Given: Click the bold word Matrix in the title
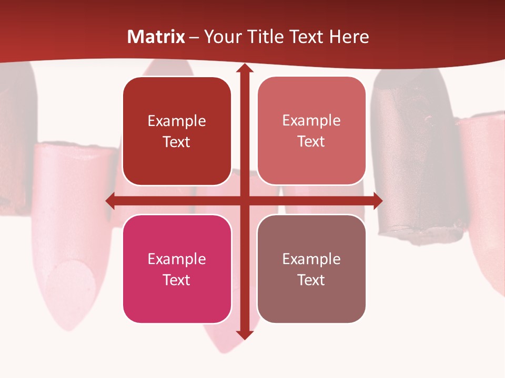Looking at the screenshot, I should (156, 37).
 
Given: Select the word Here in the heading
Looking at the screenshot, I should (349, 37).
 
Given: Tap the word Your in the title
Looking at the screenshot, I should (223, 37).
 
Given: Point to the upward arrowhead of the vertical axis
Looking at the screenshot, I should (244, 68).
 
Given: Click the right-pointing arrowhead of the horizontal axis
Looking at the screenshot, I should (378, 201).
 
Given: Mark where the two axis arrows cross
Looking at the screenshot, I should (244, 201).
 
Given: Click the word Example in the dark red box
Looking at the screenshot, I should (177, 121).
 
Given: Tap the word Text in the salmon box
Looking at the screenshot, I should (311, 142).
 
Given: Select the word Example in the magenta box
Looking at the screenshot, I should (177, 259).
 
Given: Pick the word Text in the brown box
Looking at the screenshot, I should (311, 280).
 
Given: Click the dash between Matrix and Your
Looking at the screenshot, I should (194, 37).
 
